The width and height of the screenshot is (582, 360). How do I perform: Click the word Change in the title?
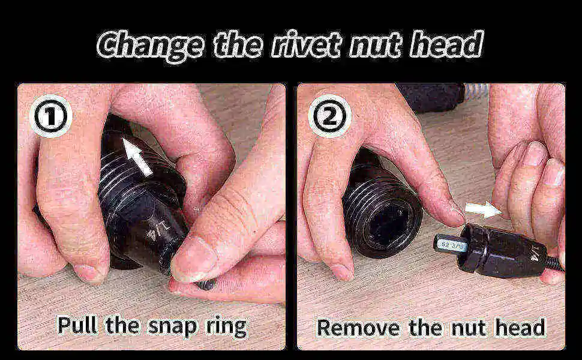tap(149, 45)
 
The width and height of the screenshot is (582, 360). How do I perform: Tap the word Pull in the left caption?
tap(79, 325)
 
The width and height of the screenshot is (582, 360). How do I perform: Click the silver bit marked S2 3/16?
tap(451, 244)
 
